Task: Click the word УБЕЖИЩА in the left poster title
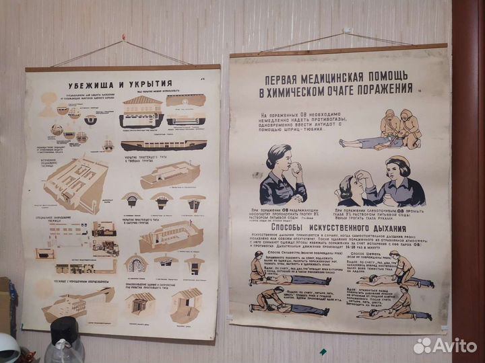click(x=92, y=85)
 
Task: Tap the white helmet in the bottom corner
click(x=8, y=349)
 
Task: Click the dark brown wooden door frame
click(x=468, y=168)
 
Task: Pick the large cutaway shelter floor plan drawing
click(x=74, y=182)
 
